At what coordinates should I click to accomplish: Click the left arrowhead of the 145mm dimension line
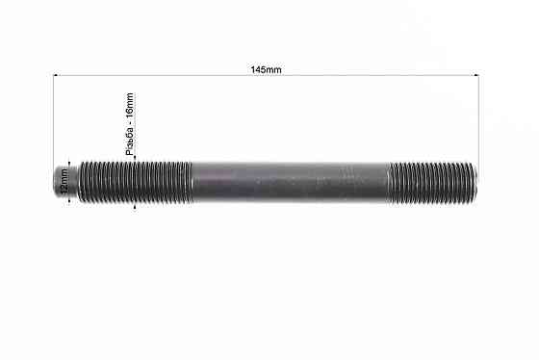pos(57,76)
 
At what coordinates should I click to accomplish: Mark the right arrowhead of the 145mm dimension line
pos(475,76)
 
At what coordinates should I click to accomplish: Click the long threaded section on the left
pos(135,180)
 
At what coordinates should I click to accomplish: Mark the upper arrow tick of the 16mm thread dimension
pos(137,157)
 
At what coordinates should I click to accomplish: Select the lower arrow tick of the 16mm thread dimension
pos(137,203)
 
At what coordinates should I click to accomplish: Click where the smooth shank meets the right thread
pos(390,180)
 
